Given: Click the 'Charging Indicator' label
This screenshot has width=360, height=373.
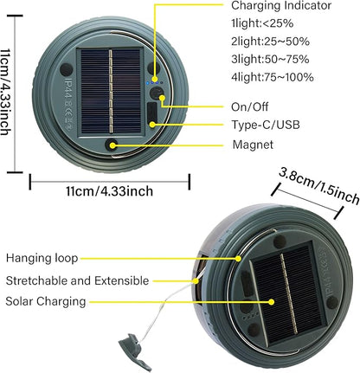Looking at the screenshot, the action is click(x=281, y=5).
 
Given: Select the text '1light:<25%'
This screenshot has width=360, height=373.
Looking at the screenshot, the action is click(x=262, y=23).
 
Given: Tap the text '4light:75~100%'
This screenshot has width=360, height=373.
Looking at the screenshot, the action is click(x=273, y=77).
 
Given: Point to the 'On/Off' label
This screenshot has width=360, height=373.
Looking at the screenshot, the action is click(x=250, y=106).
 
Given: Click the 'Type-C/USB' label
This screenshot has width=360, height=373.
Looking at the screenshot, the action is click(x=266, y=125).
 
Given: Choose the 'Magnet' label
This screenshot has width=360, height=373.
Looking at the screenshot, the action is click(x=253, y=145).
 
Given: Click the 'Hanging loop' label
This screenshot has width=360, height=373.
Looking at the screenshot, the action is click(x=42, y=258).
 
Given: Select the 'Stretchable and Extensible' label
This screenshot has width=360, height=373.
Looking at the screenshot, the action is click(x=77, y=280).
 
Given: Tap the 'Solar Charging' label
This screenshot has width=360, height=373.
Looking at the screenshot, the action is click(x=46, y=301).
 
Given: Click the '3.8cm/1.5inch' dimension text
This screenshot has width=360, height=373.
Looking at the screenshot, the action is click(x=319, y=185).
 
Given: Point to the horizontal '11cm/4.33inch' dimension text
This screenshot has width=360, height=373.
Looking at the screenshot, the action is click(x=110, y=191).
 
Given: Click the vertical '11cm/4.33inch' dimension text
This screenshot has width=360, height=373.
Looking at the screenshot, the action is click(x=5, y=92).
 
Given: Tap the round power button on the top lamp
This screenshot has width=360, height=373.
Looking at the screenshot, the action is click(x=157, y=93).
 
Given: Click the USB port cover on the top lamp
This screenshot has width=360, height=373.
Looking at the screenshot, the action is click(x=152, y=113).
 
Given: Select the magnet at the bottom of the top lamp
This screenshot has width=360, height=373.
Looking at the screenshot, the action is click(x=111, y=145).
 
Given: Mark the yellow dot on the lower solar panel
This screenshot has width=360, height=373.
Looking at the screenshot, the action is click(x=272, y=302).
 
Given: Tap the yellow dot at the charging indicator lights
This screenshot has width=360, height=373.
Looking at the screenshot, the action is click(x=155, y=79).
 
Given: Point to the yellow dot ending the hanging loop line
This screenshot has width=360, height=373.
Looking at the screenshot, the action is click(x=238, y=259).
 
